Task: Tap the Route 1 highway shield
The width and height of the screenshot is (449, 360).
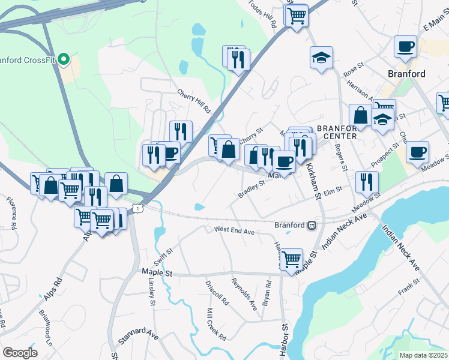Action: click(x=139, y=208)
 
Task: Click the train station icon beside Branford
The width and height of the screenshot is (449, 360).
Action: click(x=312, y=225)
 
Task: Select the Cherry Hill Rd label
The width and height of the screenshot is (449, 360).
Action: click(x=195, y=102)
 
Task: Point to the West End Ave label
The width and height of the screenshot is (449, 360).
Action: click(x=235, y=230)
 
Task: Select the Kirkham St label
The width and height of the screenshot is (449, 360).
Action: click(x=313, y=178)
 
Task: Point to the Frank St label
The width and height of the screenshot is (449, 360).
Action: click(x=408, y=291)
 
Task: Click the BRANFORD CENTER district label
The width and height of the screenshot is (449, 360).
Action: click(x=337, y=131)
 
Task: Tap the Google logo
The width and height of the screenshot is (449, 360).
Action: click(x=20, y=353)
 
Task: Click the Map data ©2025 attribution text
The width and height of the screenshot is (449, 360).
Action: click(x=423, y=355)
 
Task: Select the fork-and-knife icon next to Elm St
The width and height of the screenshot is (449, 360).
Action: click(x=366, y=182)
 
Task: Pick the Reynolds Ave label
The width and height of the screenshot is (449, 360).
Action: click(x=244, y=293)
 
